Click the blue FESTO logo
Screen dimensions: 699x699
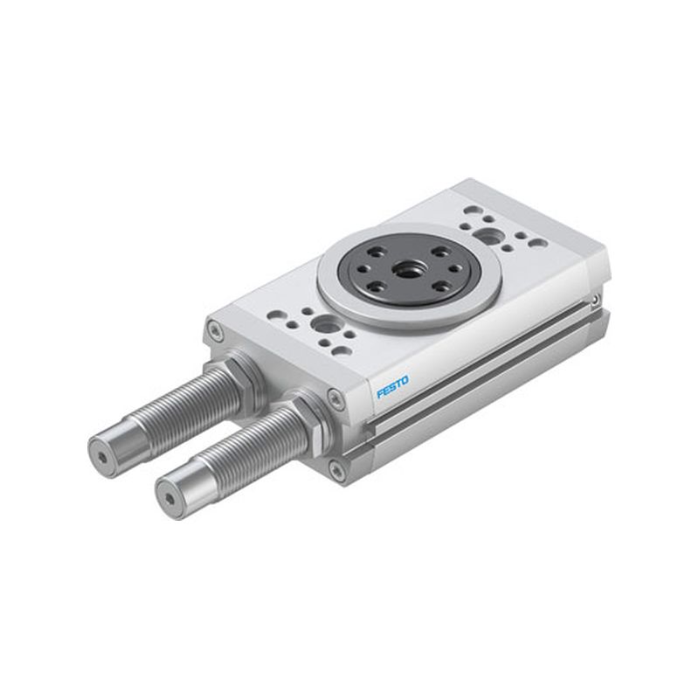pos(392,387)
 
